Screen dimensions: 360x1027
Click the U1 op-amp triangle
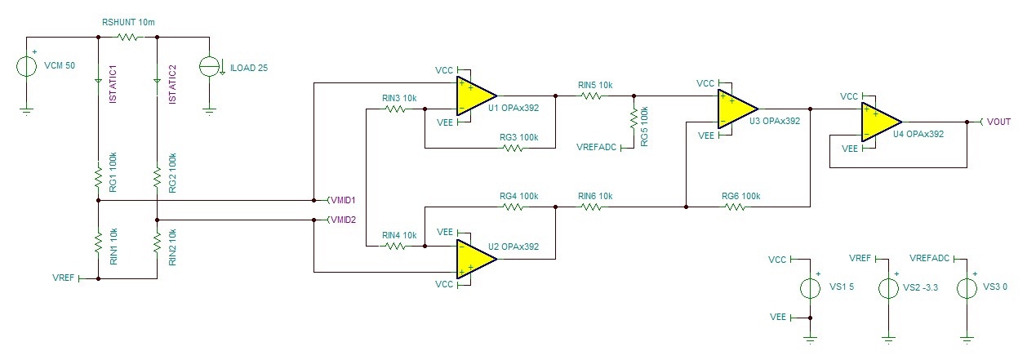coord(474,96)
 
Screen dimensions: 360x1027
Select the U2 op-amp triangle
coord(474,258)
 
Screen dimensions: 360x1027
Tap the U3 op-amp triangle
coord(736,109)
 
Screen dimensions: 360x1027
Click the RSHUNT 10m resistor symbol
coord(127,37)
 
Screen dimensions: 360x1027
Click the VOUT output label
coord(998,122)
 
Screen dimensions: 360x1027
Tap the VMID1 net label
coord(344,199)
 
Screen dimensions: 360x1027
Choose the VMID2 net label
coord(344,220)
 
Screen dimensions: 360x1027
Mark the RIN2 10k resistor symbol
coord(157,242)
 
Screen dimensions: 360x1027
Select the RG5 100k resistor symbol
coord(634,118)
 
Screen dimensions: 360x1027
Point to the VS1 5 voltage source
coord(810,288)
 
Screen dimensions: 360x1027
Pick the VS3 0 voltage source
coord(967,288)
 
